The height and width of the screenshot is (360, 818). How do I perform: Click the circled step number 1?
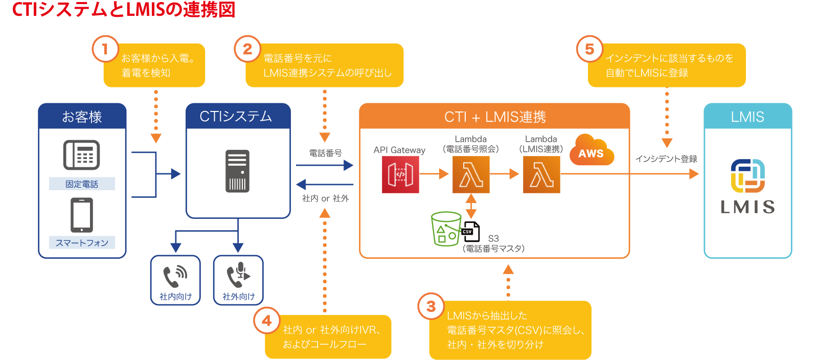pos(105,49)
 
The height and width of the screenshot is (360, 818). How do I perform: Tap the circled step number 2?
pos(247,49)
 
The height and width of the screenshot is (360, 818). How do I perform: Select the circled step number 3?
pos(431,306)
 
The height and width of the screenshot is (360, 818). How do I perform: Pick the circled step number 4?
pos(266,321)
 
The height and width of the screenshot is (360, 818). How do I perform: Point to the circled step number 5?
pos(589,49)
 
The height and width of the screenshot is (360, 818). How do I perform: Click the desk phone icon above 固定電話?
pos(82,155)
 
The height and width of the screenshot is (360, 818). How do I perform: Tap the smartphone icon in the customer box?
pos(82,215)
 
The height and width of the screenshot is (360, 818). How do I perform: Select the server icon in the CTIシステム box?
pos(237,171)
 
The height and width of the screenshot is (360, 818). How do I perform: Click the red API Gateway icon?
pos(400,174)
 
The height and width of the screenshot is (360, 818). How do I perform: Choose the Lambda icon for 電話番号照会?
pos(471,174)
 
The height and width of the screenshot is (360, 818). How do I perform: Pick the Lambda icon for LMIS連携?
pos(541,174)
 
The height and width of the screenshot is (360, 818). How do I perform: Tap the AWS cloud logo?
pos(591,150)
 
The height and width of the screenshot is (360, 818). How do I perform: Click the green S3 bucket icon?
pos(446,229)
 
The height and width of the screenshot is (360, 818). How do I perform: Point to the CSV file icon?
pos(471,232)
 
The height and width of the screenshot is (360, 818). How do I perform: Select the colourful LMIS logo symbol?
pos(747,175)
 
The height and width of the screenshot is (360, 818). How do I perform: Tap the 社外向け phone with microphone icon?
pos(238,276)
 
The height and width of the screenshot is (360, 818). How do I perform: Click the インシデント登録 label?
pos(666,159)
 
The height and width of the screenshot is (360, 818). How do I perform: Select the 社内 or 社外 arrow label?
pos(325,198)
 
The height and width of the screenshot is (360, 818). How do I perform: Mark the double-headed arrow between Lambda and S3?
pos(471,206)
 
